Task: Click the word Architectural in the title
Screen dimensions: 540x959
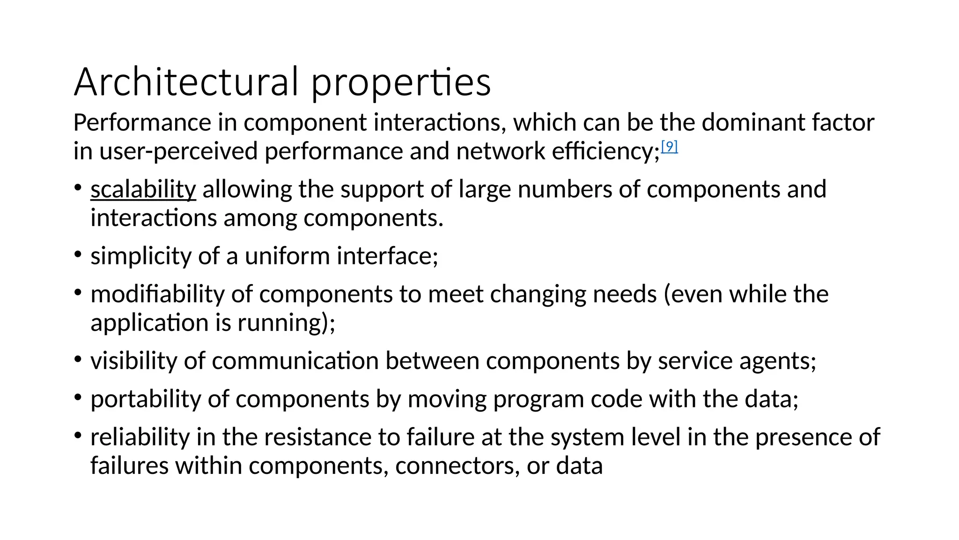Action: pos(186,82)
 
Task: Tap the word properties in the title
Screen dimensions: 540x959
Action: pos(401,83)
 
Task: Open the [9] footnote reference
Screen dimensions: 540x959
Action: pos(669,147)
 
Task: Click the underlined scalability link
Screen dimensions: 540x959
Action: pos(143,190)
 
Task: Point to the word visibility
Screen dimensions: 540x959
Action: pos(133,361)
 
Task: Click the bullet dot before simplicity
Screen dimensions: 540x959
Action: pos(78,255)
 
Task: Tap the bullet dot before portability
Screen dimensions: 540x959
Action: pos(78,398)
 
